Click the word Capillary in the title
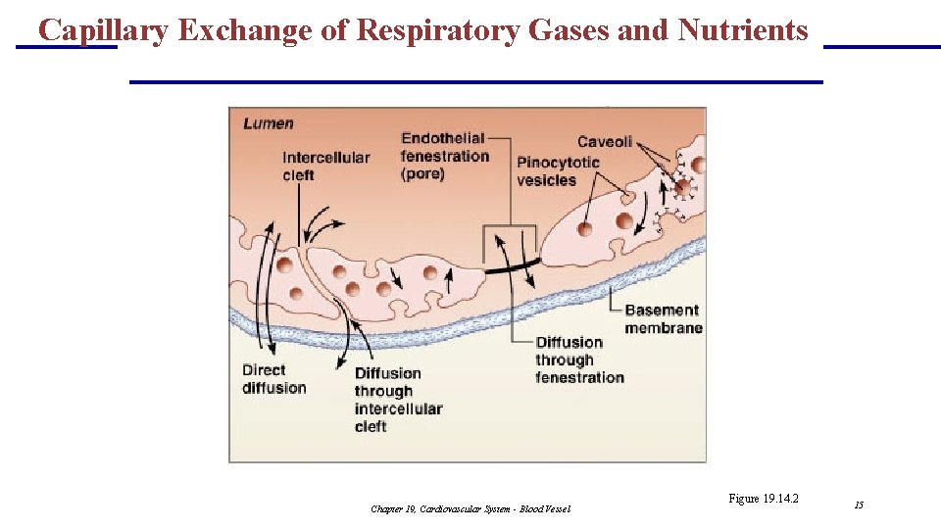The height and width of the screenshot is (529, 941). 103,31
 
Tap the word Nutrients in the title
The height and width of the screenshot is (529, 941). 742,31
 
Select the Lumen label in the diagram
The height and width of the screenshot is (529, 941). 268,123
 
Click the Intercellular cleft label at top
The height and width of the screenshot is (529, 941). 325,167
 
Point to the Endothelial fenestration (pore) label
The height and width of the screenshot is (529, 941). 444,156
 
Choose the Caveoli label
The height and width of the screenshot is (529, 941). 605,142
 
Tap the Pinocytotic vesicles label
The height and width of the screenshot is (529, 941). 558,171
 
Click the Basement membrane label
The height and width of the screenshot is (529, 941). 663,318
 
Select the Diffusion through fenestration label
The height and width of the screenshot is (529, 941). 579,360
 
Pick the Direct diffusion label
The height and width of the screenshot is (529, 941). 273,379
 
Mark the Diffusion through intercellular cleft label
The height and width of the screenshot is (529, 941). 398,400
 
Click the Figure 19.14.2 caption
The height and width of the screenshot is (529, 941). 764,499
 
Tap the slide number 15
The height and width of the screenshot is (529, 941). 859,505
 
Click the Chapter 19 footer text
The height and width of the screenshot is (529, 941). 470,508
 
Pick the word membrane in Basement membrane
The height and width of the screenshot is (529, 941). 664,328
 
